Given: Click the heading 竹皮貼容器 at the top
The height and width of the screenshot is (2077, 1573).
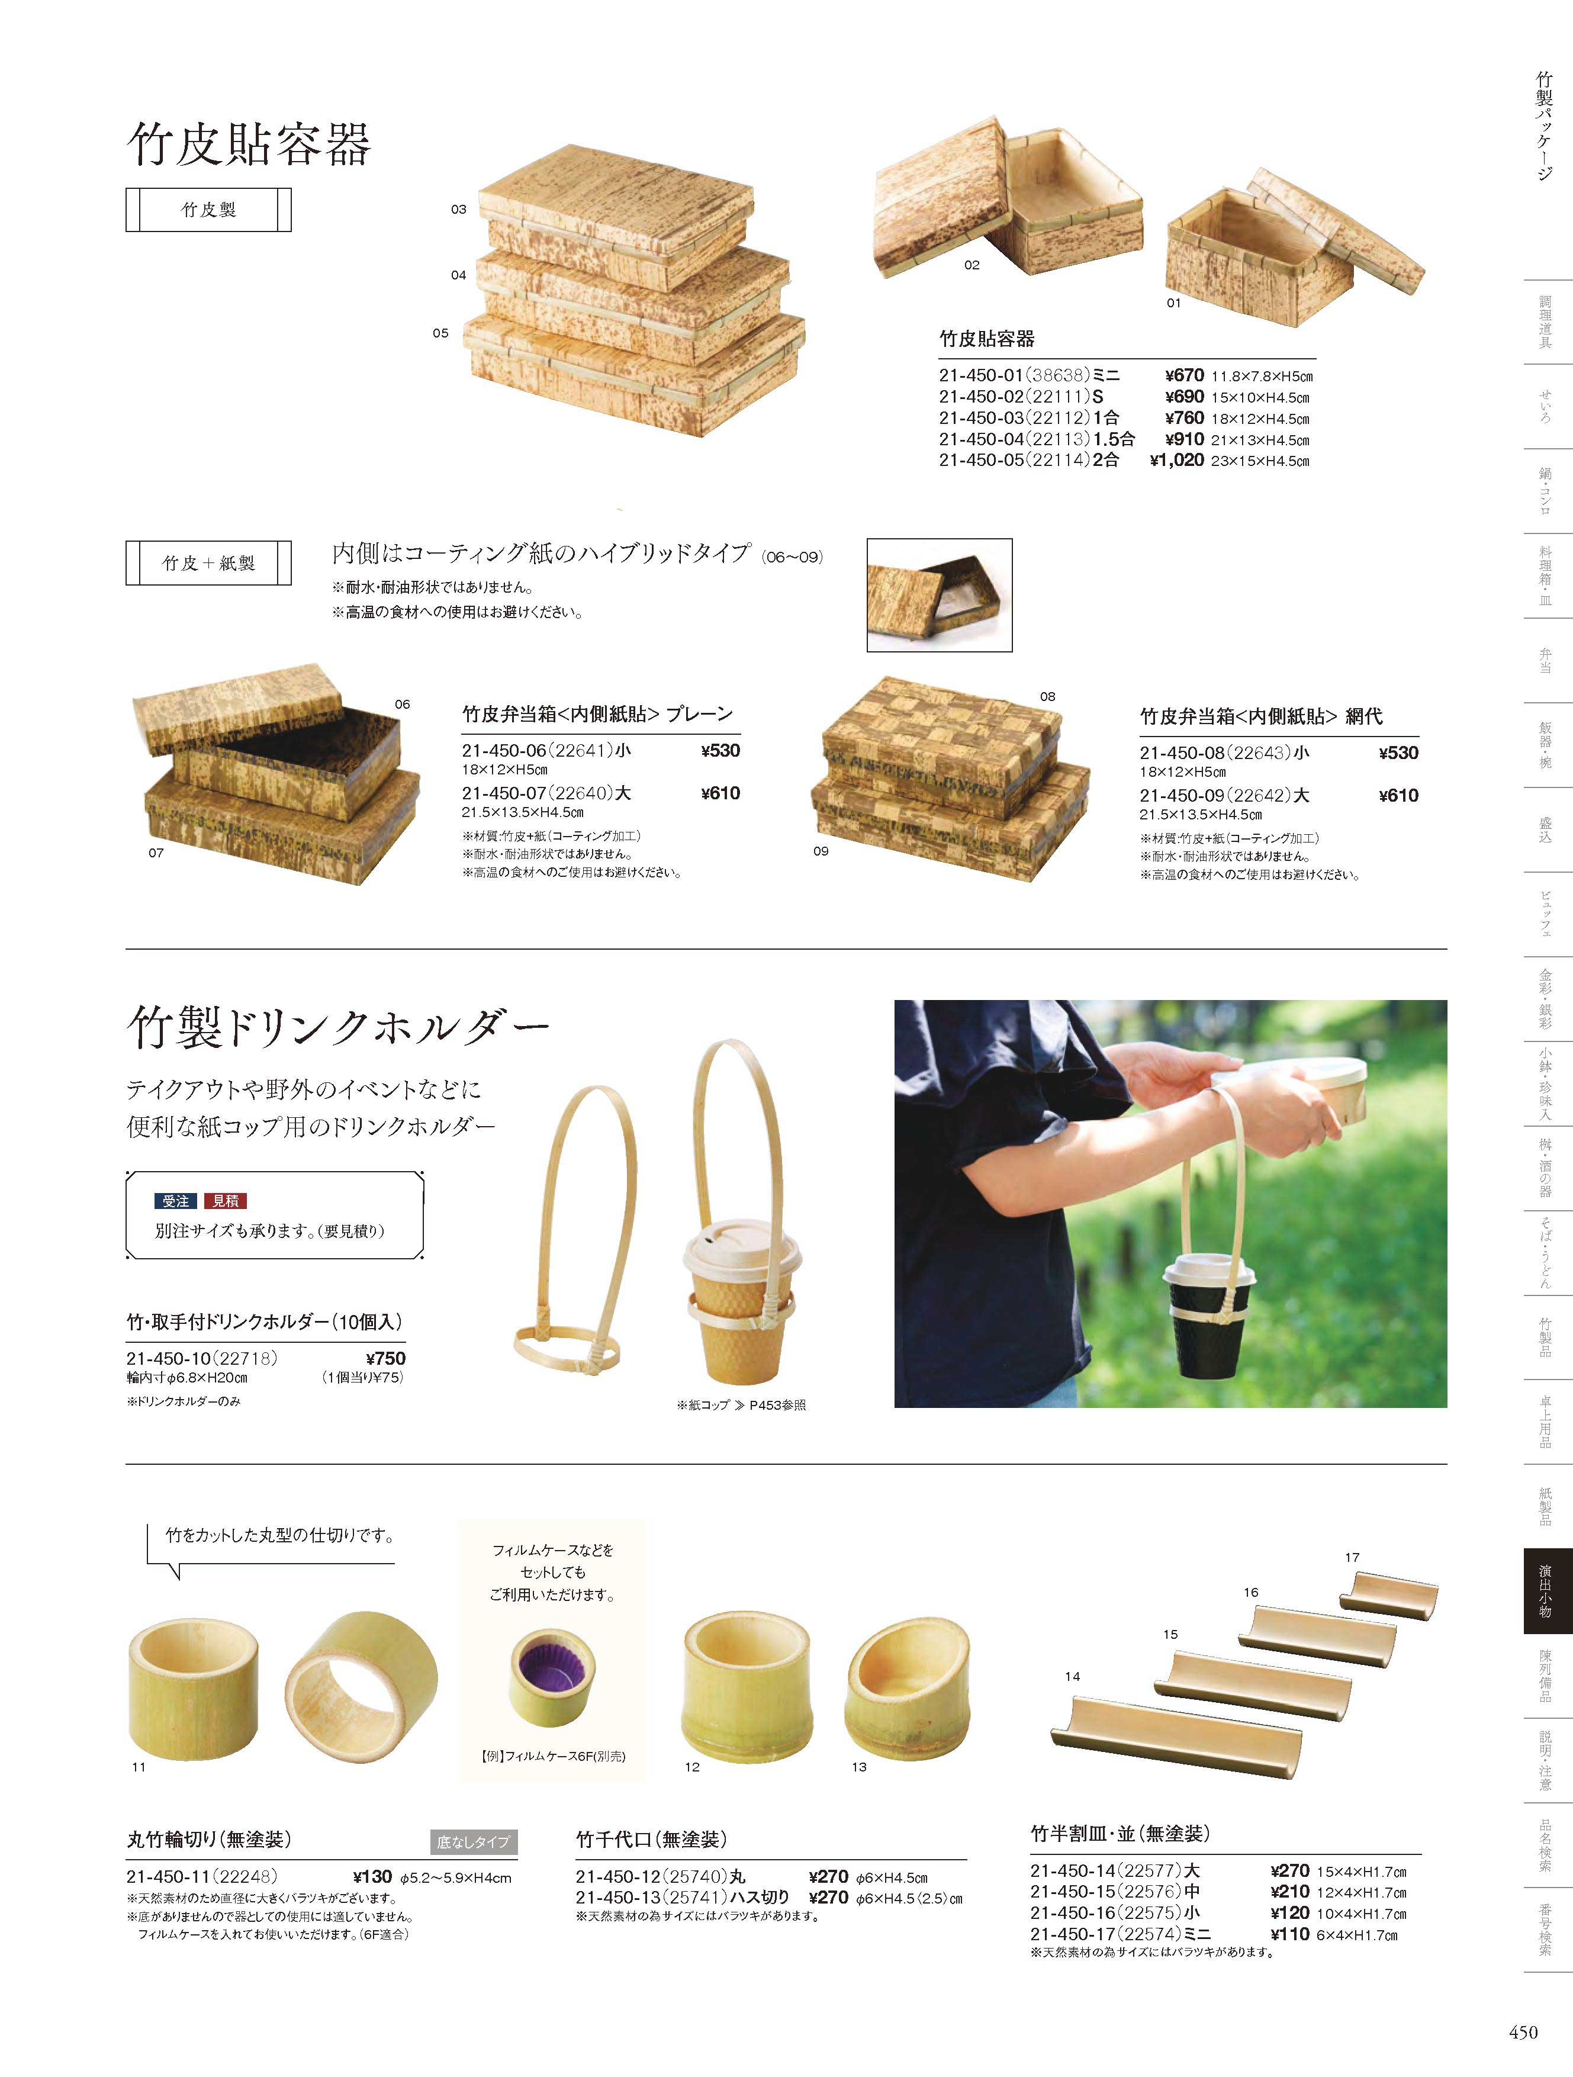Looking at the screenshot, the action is (249, 144).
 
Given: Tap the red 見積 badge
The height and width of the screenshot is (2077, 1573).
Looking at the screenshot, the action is (226, 1201).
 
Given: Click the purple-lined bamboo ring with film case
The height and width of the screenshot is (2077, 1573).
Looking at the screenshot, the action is (551, 1691).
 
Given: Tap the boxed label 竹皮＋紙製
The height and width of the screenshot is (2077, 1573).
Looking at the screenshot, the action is (208, 564).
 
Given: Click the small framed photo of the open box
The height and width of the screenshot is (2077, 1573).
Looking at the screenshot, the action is (939, 594).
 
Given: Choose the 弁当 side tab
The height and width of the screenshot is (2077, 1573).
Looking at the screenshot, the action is (1545, 660).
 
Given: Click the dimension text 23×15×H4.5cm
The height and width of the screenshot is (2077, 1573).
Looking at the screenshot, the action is (1260, 462).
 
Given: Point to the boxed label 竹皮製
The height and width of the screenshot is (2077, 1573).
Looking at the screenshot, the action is (208, 210).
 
